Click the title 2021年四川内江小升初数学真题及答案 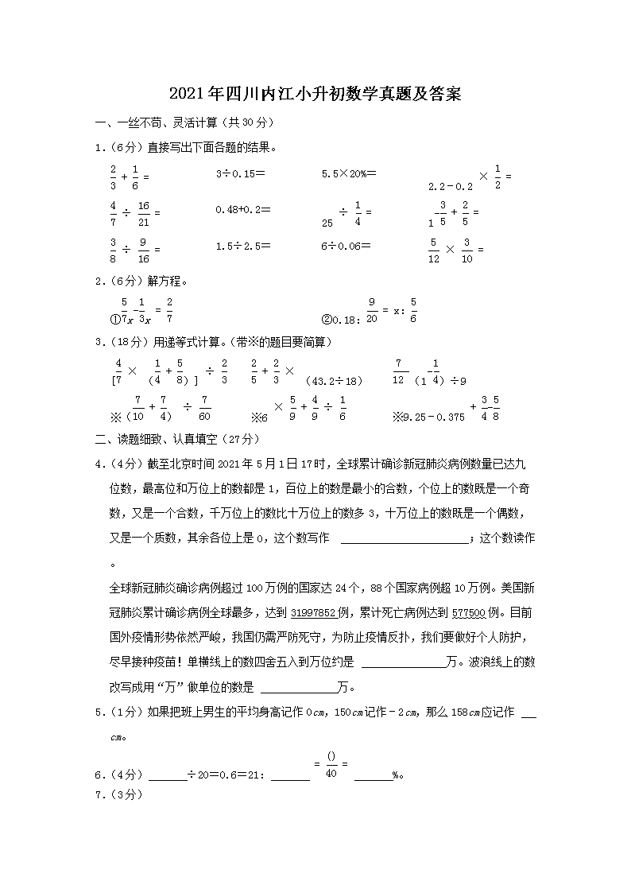coord(315,95)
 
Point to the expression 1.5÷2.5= coord(239,247)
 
